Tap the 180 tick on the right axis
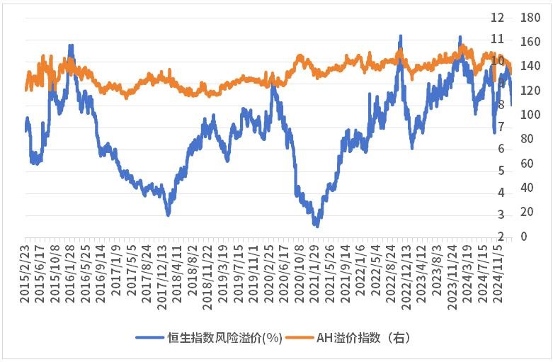click(x=530, y=17)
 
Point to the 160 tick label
click(x=530, y=42)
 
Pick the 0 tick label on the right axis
click(x=525, y=237)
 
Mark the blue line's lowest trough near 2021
click(x=317, y=226)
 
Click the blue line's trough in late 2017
click(x=168, y=214)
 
